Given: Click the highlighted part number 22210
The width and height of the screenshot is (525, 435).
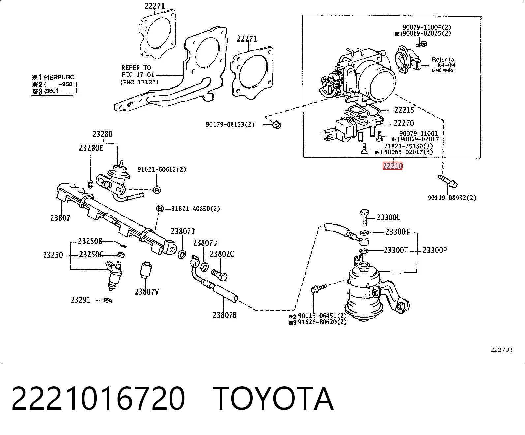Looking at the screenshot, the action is pyautogui.click(x=392, y=166).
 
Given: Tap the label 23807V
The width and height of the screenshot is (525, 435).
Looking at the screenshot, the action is pyautogui.click(x=147, y=292).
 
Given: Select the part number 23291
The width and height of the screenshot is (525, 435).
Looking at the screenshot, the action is pyautogui.click(x=81, y=300).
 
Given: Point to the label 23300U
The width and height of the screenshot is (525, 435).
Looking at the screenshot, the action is pyautogui.click(x=388, y=217).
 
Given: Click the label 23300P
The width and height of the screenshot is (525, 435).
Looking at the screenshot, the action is pyautogui.click(x=435, y=250).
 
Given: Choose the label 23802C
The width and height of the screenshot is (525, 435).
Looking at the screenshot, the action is pyautogui.click(x=222, y=254).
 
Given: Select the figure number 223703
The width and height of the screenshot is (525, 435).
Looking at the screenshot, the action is pyautogui.click(x=501, y=350).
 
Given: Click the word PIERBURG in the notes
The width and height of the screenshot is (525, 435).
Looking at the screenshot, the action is pyautogui.click(x=59, y=77).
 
